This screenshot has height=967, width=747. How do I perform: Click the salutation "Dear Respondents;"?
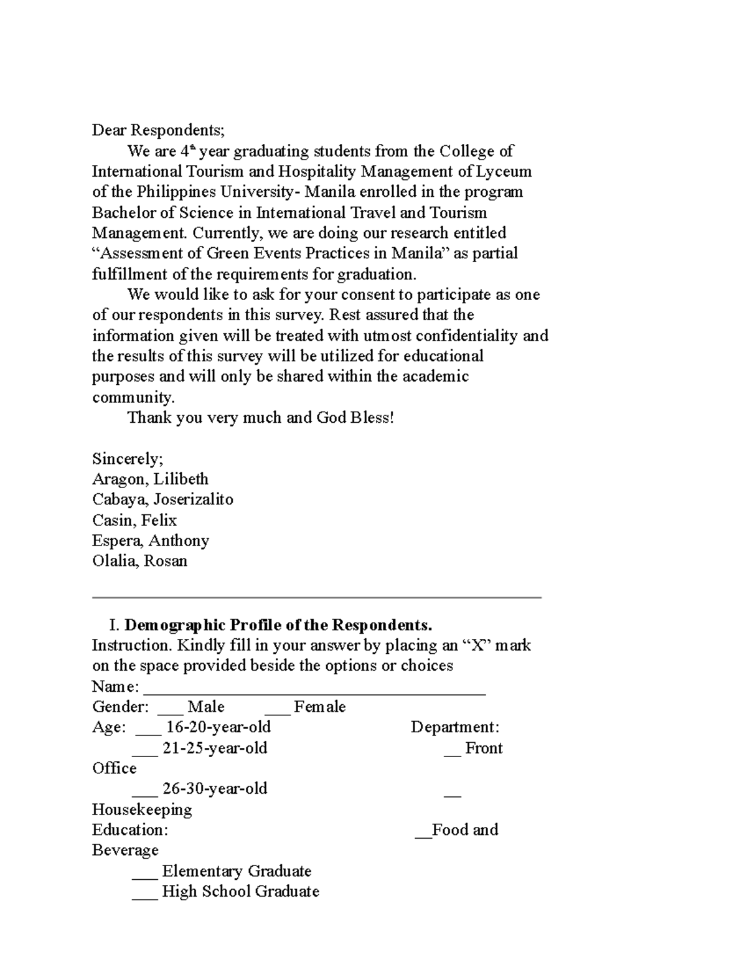pos(158,131)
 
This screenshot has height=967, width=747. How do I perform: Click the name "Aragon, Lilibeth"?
pos(150,479)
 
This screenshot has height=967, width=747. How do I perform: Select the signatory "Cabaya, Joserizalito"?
pos(162,500)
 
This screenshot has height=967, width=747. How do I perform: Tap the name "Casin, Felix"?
pos(134,521)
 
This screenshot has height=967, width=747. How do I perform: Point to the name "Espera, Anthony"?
pos(150,541)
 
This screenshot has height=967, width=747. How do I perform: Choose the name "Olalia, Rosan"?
pos(139,561)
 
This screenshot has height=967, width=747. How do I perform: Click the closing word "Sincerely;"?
pos(128,460)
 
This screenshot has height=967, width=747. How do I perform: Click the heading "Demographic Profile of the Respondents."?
pos(278,625)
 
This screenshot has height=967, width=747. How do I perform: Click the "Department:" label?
pos(455,728)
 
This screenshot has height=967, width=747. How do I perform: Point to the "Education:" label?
pos(130,831)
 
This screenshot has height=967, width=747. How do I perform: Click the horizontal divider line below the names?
pos(316,598)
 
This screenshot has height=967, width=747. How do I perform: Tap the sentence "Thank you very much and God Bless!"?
pos(261,418)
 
